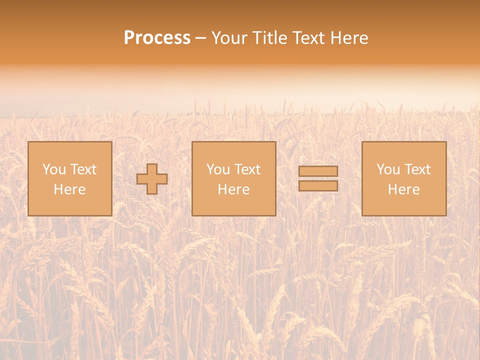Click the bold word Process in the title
[157, 38]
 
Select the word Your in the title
[229, 38]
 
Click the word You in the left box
[54, 169]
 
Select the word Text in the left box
[82, 169]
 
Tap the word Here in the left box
[69, 189]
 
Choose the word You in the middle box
[218, 169]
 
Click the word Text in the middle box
[246, 169]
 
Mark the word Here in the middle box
[233, 189]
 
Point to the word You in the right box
[388, 169]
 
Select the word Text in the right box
[416, 169]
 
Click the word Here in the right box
[403, 189]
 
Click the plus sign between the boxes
[152, 179]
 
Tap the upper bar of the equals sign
[318, 171]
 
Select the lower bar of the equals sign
[318, 186]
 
